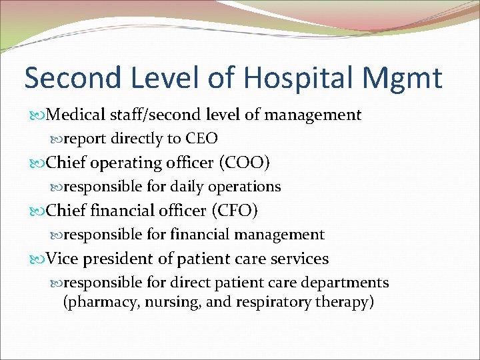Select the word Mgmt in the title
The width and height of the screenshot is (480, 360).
click(x=409, y=78)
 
